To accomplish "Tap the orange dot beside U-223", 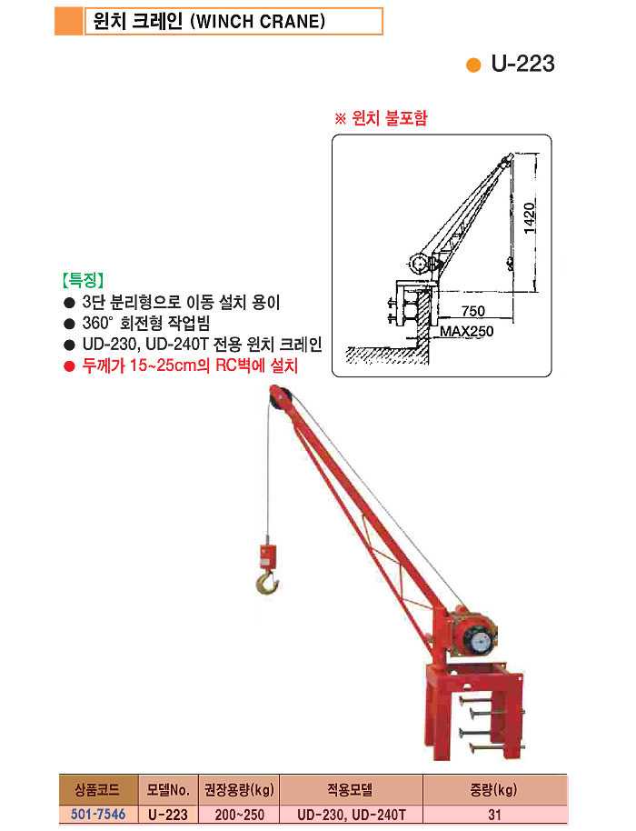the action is [472, 65].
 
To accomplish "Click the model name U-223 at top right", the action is [522, 64].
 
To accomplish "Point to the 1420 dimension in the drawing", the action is [529, 218].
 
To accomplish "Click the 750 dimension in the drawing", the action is [472, 311].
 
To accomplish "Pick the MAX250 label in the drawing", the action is [466, 331].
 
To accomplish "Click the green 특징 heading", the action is [83, 280].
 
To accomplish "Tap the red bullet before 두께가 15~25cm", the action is [69, 366].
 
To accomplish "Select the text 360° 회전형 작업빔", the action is [146, 324].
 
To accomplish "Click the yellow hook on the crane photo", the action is [267, 581].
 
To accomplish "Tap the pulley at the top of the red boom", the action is [280, 397].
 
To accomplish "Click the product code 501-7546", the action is [98, 814].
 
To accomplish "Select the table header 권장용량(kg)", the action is [239, 790].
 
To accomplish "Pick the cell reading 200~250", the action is [239, 815].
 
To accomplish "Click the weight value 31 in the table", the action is [494, 815].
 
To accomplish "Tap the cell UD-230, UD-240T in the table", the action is [351, 815].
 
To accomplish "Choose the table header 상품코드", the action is [97, 790].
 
